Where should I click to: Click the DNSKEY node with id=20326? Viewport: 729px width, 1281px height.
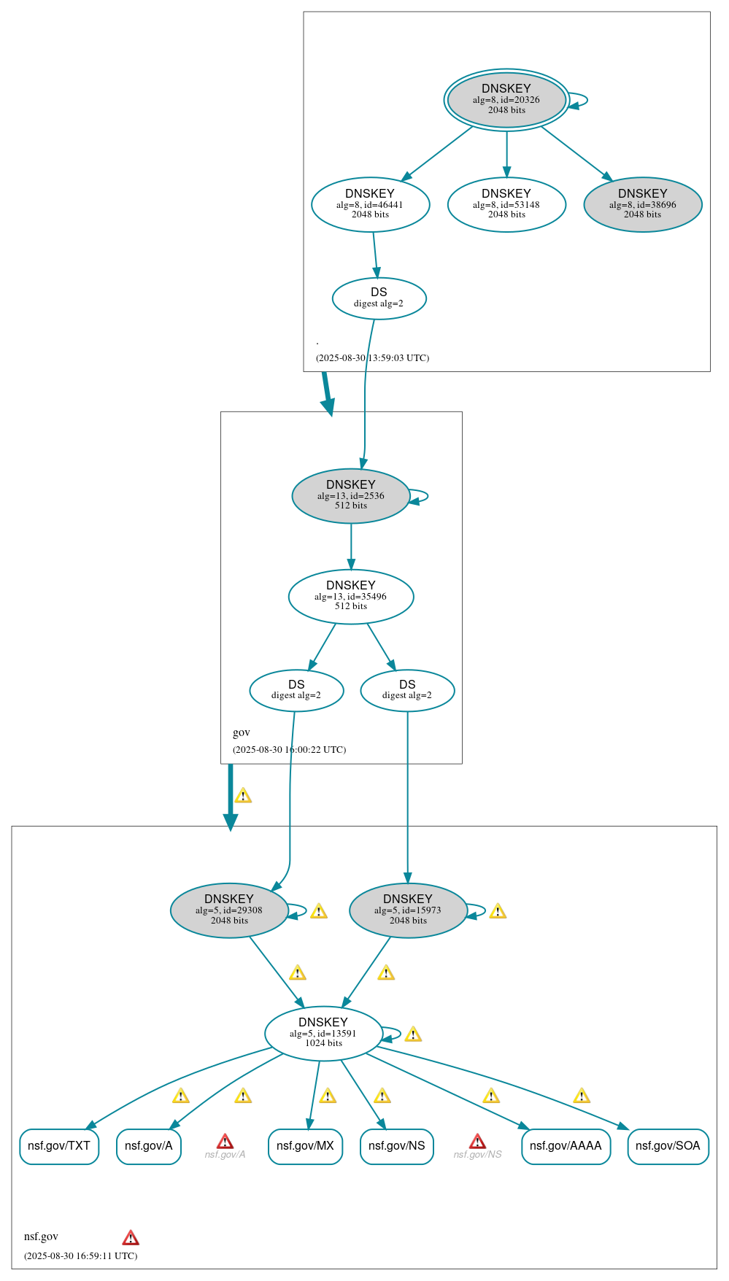(506, 100)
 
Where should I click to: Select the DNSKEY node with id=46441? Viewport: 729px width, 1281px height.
(370, 204)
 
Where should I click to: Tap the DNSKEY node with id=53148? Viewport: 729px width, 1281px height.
(506, 204)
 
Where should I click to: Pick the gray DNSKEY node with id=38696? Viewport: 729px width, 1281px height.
(642, 204)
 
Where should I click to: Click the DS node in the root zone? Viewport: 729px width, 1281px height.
(379, 298)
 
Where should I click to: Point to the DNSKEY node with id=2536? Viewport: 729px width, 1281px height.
(350, 495)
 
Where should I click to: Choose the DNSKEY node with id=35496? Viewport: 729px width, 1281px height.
(350, 596)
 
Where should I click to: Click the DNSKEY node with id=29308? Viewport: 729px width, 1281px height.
(229, 910)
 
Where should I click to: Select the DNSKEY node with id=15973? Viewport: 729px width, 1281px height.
(408, 910)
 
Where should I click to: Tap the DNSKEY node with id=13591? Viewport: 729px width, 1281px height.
(323, 1033)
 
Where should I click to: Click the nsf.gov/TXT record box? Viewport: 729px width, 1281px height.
(59, 1146)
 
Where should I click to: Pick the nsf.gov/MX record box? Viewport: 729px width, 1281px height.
(305, 1146)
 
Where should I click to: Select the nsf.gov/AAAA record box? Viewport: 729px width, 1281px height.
(566, 1146)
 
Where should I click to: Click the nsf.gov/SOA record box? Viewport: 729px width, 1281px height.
(668, 1146)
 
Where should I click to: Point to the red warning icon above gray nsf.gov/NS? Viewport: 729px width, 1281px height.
(477, 1142)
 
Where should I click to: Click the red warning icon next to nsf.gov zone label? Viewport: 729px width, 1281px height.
(131, 1238)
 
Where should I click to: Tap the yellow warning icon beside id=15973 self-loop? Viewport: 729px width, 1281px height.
(498, 911)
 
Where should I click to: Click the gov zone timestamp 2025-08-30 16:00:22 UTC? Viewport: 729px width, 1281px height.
(289, 750)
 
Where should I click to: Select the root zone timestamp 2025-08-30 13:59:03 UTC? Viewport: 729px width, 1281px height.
(372, 358)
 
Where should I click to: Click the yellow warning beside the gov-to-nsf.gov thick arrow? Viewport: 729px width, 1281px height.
(243, 796)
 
